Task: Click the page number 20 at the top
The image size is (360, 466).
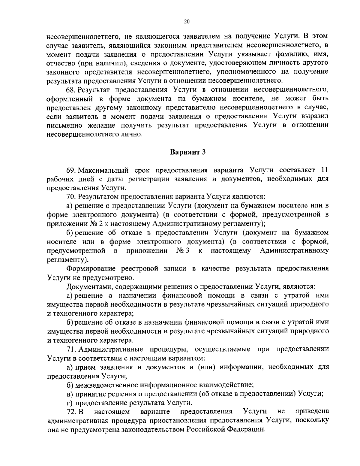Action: click(186, 21)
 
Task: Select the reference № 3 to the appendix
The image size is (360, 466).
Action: click(183, 250)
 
